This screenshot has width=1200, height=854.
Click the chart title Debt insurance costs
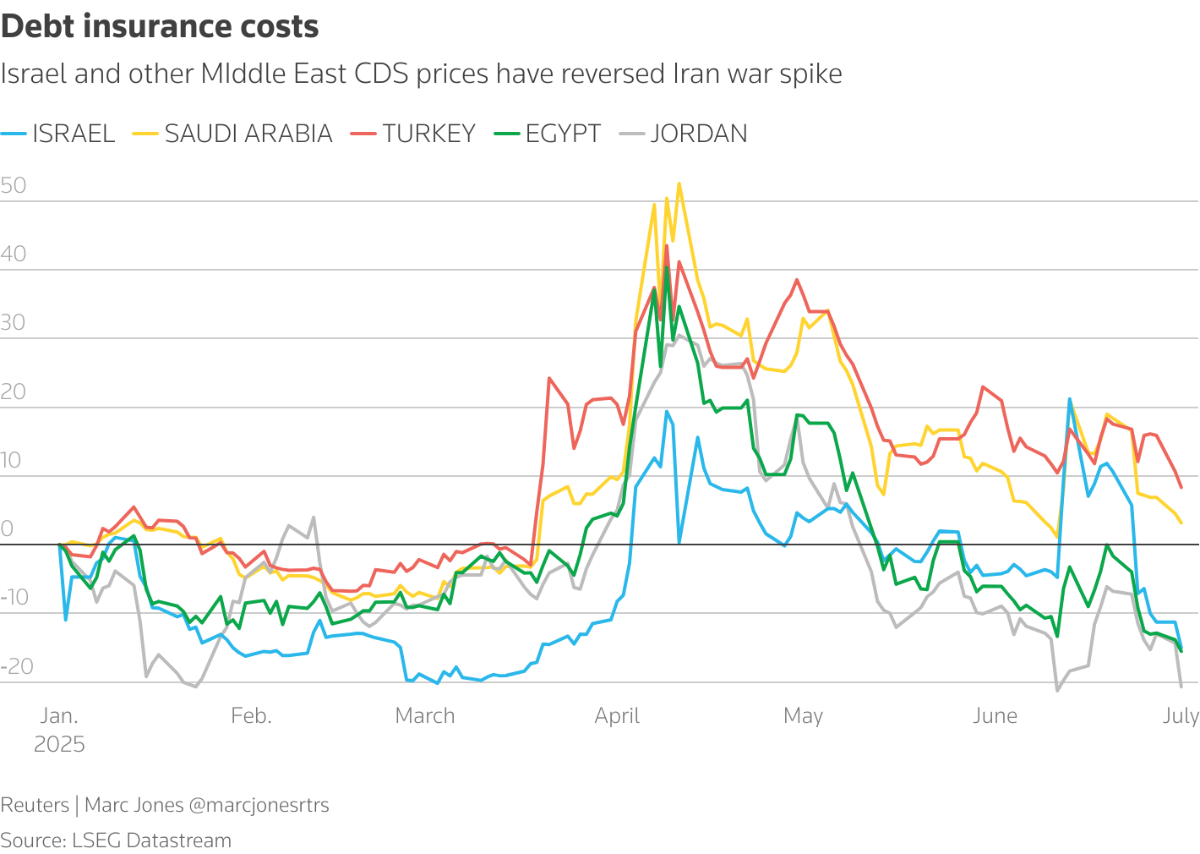click(x=160, y=27)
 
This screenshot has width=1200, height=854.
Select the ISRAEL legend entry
click(x=73, y=134)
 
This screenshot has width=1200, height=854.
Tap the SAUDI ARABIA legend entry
click(x=248, y=134)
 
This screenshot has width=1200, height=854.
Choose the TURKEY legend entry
click(x=428, y=134)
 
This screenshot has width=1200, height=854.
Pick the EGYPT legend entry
click(x=562, y=134)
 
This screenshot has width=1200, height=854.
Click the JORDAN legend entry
click(x=698, y=134)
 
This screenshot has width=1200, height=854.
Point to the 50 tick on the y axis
click(x=14, y=186)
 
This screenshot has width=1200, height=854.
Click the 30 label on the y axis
click(x=14, y=323)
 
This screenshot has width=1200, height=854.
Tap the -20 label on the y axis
click(x=17, y=666)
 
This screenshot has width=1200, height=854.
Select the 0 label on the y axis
click(x=8, y=529)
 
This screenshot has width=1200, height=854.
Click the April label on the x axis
click(x=617, y=716)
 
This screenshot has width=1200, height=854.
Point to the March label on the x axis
click(x=425, y=716)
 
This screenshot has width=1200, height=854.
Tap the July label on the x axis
click(x=1181, y=716)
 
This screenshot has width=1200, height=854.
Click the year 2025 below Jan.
click(x=59, y=744)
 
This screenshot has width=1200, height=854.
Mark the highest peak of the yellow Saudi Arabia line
click(x=679, y=183)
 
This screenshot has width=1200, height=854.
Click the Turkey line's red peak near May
click(x=796, y=280)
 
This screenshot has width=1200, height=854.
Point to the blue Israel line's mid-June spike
click(x=1070, y=398)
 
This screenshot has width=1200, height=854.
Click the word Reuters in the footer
click(x=35, y=805)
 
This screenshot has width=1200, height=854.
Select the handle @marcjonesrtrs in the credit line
click(x=259, y=805)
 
